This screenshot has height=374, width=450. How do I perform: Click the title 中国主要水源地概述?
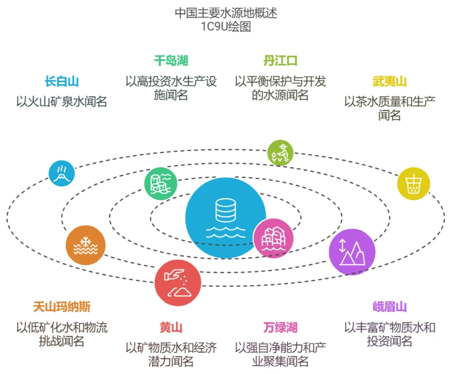226,13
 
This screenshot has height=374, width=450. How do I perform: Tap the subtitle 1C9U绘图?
226,26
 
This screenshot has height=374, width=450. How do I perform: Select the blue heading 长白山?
62,81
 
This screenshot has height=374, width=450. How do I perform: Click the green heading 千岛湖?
171,60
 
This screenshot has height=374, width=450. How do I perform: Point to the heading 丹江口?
280,60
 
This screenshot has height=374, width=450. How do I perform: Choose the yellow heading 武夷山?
390,81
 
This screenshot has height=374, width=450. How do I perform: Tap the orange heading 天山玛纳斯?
62,307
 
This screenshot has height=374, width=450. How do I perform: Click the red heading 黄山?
171,327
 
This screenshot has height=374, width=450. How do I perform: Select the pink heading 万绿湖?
280,327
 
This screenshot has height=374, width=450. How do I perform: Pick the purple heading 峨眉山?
390,307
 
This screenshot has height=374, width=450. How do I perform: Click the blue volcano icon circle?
61,173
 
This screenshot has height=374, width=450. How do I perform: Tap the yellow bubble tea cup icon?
414,184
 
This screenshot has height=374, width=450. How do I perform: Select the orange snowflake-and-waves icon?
85,245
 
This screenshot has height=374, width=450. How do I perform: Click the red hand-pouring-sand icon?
178,283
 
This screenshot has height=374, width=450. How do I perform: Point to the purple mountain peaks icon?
352,252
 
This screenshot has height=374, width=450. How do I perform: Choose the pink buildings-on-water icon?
273,238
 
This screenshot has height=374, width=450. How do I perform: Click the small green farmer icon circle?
280,153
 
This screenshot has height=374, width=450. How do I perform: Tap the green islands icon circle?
161,184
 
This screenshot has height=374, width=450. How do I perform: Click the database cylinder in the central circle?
226,210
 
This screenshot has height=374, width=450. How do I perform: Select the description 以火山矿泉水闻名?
62,101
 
